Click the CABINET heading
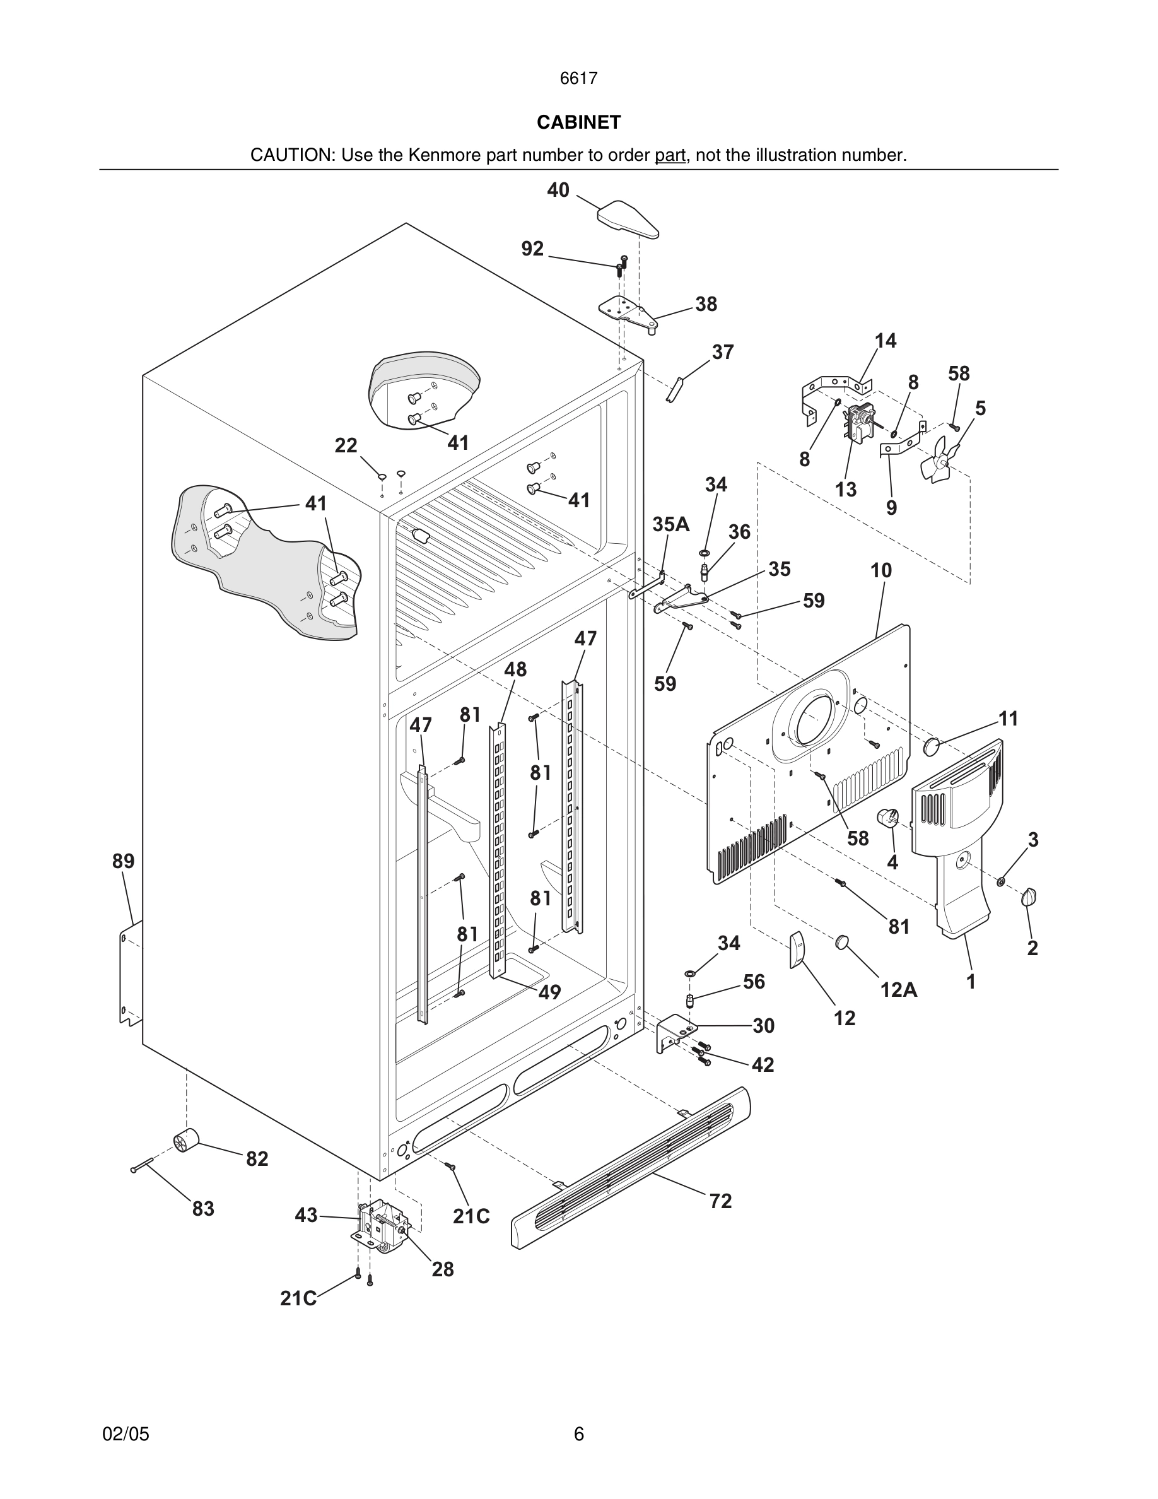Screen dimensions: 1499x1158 (x=578, y=122)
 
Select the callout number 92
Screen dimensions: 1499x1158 (x=532, y=249)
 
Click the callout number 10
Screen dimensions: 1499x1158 (x=881, y=570)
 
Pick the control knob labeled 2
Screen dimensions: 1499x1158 (x=1029, y=897)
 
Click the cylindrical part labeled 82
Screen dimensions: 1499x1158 (x=185, y=1140)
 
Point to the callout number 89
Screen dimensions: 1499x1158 (x=124, y=861)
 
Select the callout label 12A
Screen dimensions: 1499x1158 (x=899, y=989)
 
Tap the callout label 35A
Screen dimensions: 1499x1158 (x=670, y=524)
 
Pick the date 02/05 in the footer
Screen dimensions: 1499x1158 (x=126, y=1433)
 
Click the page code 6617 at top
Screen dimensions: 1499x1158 (x=578, y=78)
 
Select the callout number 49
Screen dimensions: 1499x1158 (x=549, y=992)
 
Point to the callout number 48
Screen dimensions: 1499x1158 (x=515, y=669)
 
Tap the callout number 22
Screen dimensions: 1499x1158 (x=346, y=446)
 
